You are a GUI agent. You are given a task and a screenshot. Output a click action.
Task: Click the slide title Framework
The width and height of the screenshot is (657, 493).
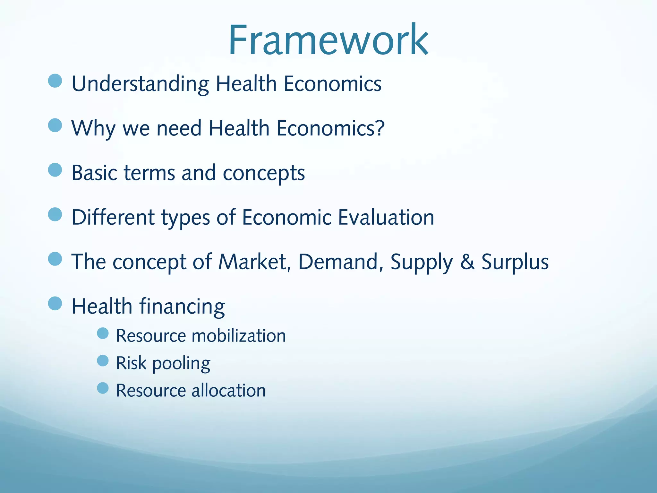pyautogui.click(x=328, y=40)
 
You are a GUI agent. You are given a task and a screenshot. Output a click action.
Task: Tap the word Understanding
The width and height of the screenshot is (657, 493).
pyautogui.click(x=140, y=84)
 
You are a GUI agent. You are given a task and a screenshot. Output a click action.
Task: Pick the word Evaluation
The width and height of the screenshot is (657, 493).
pyautogui.click(x=386, y=217)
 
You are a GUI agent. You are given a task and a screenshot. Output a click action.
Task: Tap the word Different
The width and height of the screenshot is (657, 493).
pyautogui.click(x=113, y=217)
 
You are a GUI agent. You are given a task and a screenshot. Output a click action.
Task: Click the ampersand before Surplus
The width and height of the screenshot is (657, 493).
pyautogui.click(x=467, y=262)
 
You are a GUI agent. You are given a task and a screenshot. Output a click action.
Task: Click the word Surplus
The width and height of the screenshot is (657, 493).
pyautogui.click(x=515, y=262)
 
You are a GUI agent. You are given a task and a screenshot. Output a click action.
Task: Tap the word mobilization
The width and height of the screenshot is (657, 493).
pyautogui.click(x=238, y=336)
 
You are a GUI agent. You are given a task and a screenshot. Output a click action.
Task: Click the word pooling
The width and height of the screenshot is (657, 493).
pyautogui.click(x=181, y=364)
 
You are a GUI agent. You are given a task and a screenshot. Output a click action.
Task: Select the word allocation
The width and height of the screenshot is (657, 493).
pyautogui.click(x=228, y=391)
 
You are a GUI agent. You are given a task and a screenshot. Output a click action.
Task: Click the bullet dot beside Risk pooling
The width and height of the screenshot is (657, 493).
pyautogui.click(x=103, y=361)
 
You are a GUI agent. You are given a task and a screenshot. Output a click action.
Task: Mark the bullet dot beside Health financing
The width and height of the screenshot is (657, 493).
pyautogui.click(x=55, y=303)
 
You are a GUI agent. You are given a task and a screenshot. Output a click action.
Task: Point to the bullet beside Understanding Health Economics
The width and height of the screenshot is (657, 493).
pyautogui.click(x=55, y=81)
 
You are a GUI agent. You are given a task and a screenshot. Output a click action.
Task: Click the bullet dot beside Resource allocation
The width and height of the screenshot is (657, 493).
pyautogui.click(x=103, y=388)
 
